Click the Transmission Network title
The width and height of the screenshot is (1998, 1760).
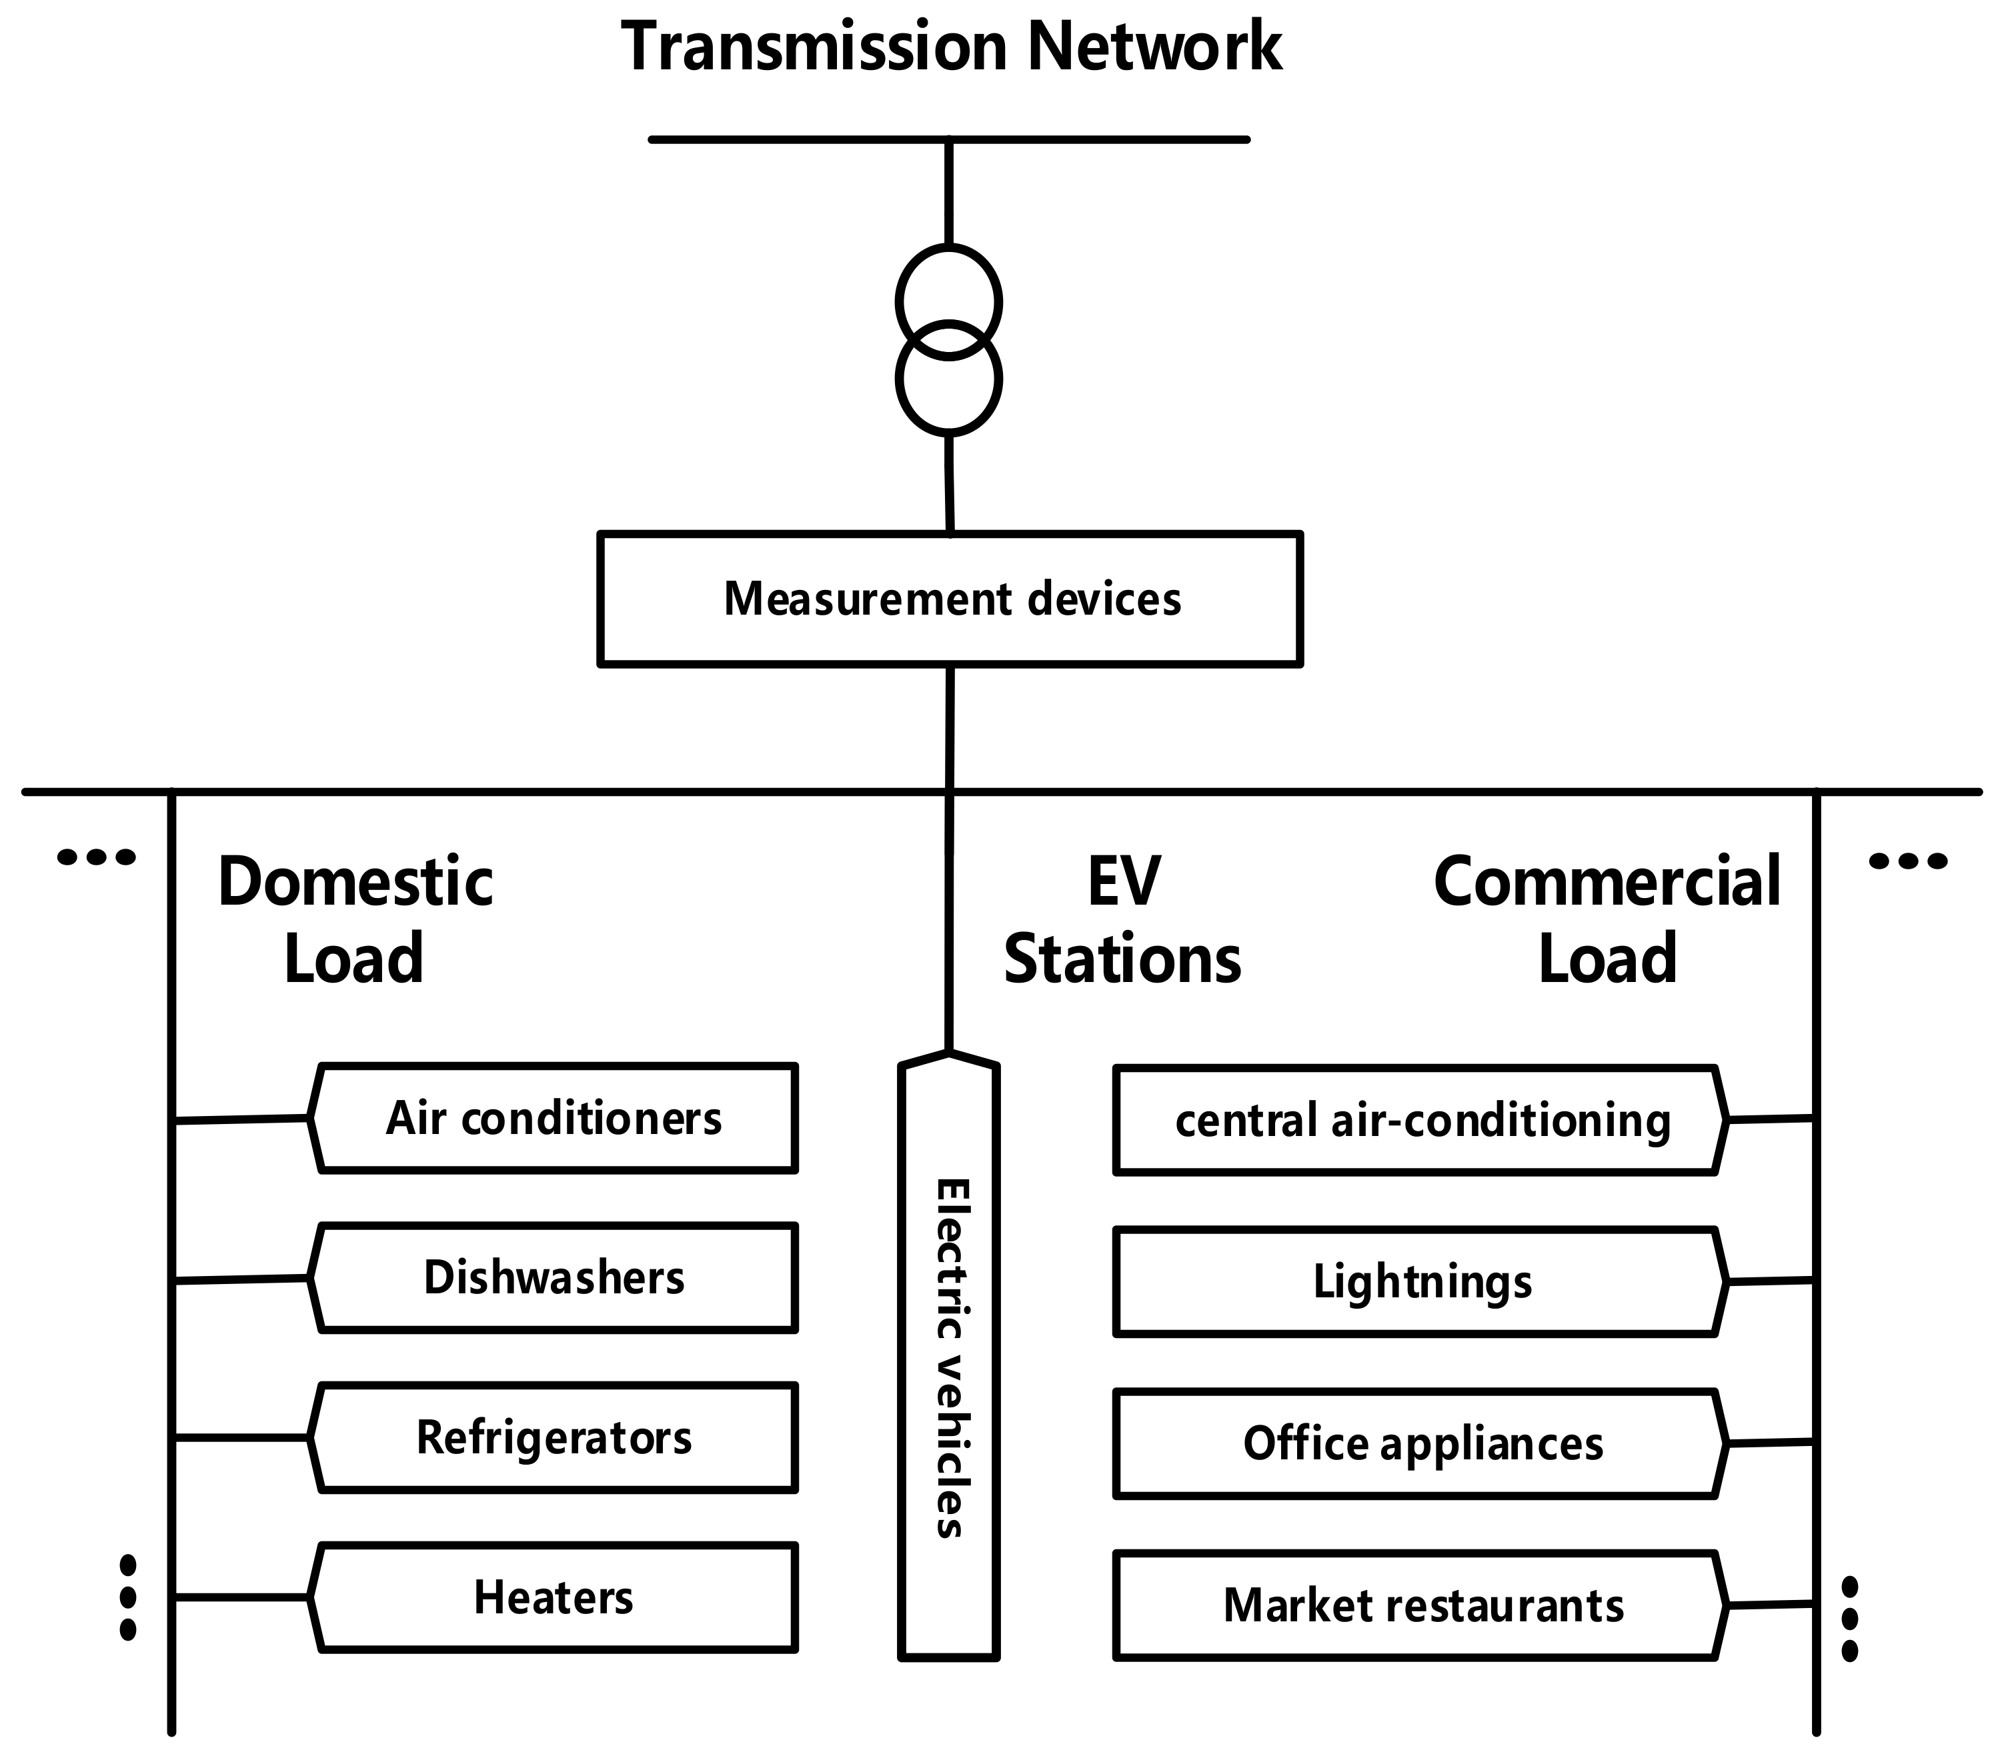[x=950, y=46]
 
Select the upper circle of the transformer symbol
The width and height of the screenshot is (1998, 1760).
[x=948, y=283]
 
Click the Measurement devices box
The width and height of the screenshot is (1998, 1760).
[x=950, y=599]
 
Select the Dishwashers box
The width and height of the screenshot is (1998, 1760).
[x=554, y=1277]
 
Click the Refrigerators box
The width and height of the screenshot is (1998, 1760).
[x=554, y=1437]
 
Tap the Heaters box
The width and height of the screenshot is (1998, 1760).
[x=554, y=1598]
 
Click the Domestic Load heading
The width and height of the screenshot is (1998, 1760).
[x=355, y=919]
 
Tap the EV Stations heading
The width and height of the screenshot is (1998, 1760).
[x=1122, y=919]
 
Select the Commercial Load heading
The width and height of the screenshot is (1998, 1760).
[x=1607, y=919]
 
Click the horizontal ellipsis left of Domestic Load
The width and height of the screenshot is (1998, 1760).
[x=97, y=858]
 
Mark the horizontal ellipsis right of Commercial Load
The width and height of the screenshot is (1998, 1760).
[x=1907, y=861]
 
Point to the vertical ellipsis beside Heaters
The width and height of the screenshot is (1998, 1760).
[x=127, y=1598]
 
